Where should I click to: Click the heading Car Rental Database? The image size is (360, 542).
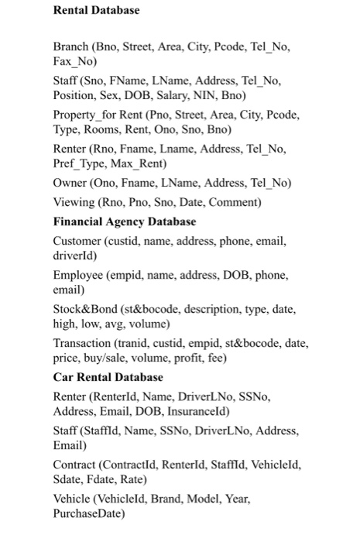pyautogui.click(x=108, y=377)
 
